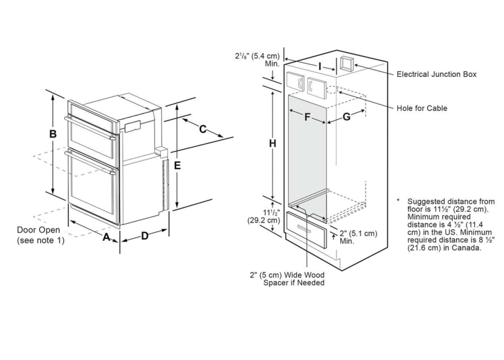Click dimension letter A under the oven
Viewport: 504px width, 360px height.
[106, 237]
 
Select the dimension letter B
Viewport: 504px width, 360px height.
[53, 134]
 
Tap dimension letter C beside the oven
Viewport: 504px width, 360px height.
[202, 129]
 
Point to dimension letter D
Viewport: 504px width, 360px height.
[145, 236]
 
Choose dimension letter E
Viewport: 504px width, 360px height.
[177, 166]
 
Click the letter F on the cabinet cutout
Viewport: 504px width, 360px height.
[307, 117]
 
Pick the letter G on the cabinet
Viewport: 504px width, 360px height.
[346, 117]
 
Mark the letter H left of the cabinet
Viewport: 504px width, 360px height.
[273, 144]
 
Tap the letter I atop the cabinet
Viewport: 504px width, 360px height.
[320, 67]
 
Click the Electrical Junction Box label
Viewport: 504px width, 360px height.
[436, 74]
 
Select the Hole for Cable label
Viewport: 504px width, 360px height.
[422, 108]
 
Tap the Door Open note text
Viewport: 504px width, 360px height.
[40, 235]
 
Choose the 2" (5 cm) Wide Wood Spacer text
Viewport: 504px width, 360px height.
[288, 279]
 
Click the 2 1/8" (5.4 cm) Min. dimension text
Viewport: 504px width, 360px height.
[257, 59]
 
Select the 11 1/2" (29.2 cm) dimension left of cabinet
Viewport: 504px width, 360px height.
[263, 216]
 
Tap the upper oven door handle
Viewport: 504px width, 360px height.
[90, 128]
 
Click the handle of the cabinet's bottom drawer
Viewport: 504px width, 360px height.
[304, 229]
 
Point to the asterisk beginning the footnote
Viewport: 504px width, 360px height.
[399, 201]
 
